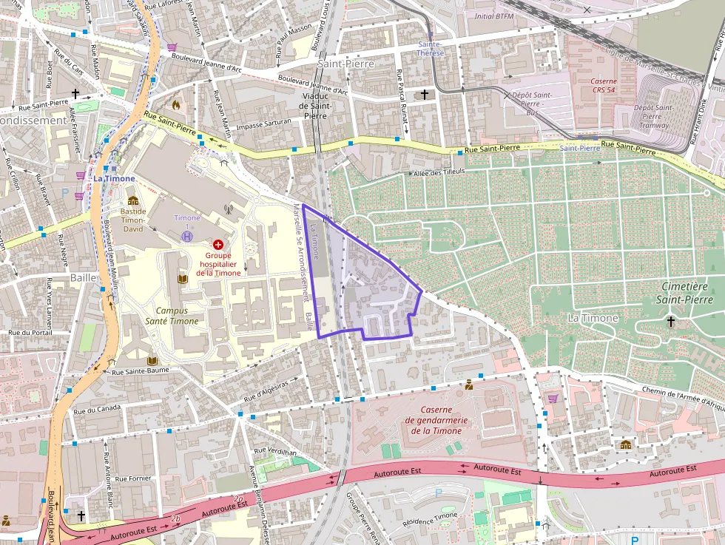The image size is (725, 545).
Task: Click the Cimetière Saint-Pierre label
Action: [684, 293]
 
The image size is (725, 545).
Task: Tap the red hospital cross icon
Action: [218, 244]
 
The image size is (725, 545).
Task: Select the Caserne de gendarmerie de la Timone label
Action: [436, 420]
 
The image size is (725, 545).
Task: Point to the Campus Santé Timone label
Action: [177, 316]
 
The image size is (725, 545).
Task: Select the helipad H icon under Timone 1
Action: [187, 236]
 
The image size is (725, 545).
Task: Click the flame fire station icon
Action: [175, 105]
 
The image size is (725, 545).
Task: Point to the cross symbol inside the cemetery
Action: [671, 321]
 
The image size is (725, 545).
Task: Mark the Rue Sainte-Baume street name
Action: [141, 370]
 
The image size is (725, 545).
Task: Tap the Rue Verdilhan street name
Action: [274, 451]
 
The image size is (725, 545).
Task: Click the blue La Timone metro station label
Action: [114, 178]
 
